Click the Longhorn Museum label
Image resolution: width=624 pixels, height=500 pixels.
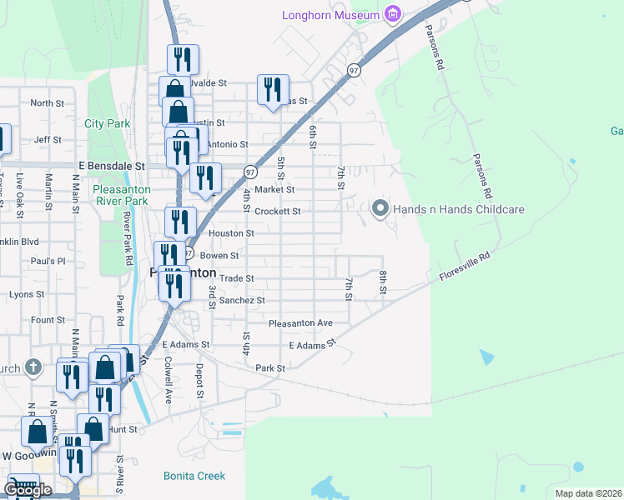[331, 14]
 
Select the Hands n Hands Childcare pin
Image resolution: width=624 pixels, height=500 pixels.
[380, 208]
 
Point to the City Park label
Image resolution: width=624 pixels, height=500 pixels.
[108, 123]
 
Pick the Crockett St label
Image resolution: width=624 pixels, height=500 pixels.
[278, 212]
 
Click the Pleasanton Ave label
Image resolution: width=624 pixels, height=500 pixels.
[300, 322]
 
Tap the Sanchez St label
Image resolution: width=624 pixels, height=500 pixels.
[242, 300]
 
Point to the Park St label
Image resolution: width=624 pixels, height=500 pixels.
[270, 367]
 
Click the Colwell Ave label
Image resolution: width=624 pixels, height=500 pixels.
[167, 380]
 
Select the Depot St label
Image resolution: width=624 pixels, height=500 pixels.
[199, 379]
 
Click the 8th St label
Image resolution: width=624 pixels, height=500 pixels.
[383, 282]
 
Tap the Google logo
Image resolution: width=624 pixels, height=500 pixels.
[28, 490]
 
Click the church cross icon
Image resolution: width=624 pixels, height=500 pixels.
[33, 367]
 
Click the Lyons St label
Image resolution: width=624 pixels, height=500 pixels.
[27, 294]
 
